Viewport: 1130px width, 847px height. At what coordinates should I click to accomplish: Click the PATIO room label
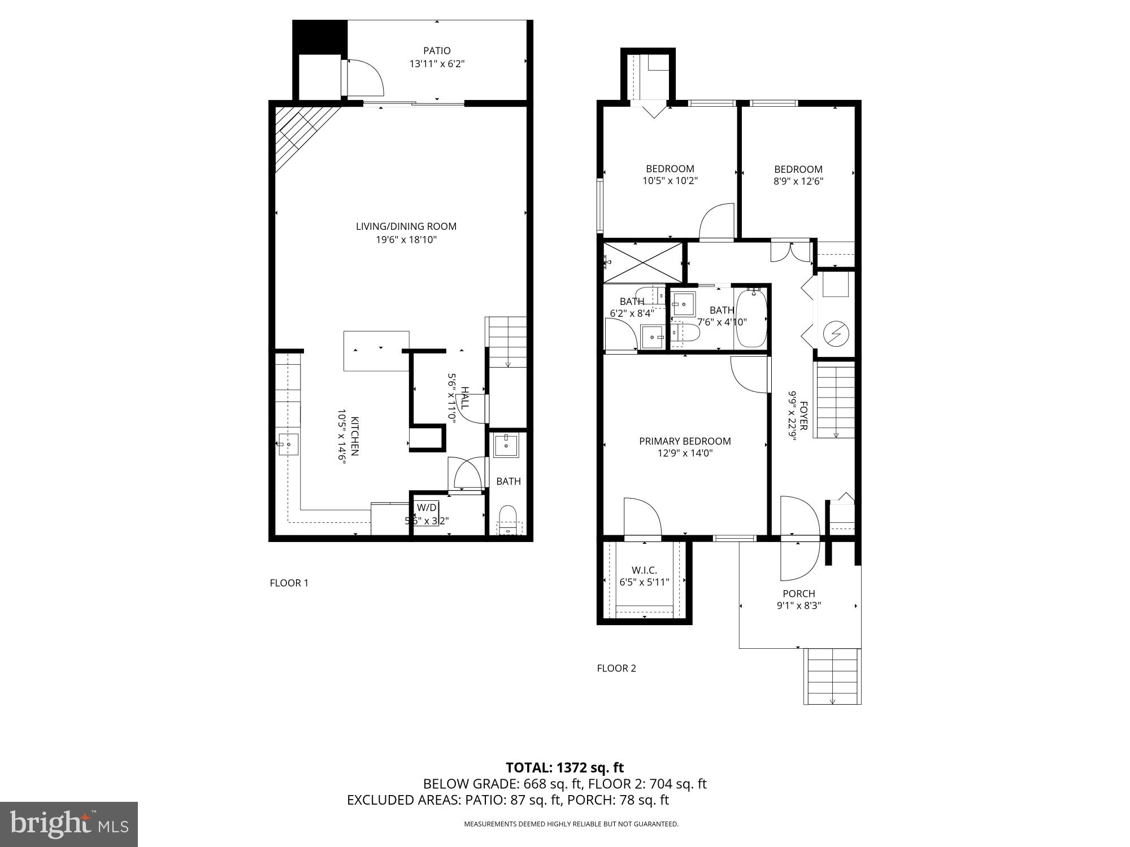tap(437, 51)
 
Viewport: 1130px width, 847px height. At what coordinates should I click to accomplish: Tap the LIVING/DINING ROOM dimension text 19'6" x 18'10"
tap(406, 239)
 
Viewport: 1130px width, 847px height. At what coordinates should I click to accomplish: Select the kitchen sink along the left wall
tap(288, 444)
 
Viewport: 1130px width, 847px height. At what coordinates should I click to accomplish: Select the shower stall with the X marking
tap(643, 261)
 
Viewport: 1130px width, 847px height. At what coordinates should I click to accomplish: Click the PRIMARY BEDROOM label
tap(685, 441)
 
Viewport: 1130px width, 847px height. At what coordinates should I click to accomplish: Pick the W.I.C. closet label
tap(644, 570)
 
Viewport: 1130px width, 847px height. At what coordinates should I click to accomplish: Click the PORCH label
tap(799, 593)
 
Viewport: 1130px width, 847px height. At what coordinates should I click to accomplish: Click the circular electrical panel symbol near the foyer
tap(836, 334)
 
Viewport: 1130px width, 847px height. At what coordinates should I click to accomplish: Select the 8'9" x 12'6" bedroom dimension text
tap(798, 181)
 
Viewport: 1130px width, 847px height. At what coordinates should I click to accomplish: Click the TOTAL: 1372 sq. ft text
tap(564, 767)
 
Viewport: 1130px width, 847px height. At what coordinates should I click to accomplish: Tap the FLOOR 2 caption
tap(616, 668)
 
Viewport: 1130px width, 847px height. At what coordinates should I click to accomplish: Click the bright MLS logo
tap(68, 824)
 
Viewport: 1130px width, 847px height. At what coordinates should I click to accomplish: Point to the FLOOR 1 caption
tap(289, 583)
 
